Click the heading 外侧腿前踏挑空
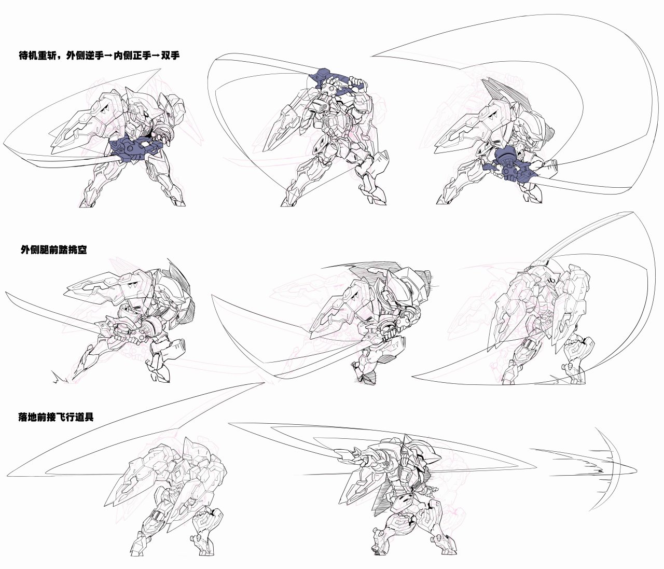54,249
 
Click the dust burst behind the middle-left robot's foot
60,378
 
